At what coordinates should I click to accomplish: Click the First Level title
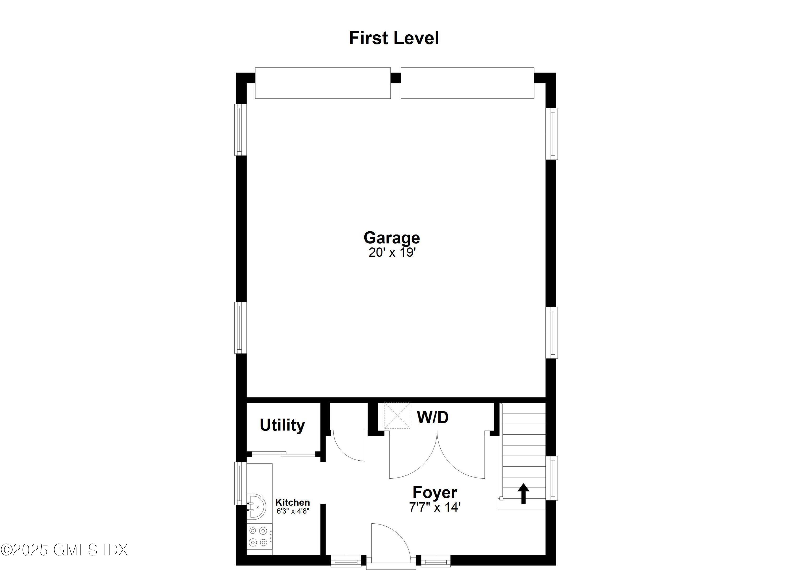394,38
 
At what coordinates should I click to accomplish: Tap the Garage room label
392,238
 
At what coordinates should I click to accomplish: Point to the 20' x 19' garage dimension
392,252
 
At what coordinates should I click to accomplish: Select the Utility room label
282,425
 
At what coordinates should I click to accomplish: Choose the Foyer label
435,492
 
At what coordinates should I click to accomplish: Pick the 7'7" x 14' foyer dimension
435,507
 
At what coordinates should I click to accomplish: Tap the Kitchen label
293,502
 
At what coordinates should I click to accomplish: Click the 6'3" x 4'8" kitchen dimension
293,511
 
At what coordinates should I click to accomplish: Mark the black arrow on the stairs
523,493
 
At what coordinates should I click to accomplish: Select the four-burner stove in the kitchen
258,537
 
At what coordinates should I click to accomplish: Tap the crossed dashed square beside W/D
397,416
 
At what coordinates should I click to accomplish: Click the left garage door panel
323,83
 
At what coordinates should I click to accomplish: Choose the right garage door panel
467,83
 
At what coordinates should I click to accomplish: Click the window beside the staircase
552,478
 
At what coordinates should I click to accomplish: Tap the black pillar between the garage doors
395,78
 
